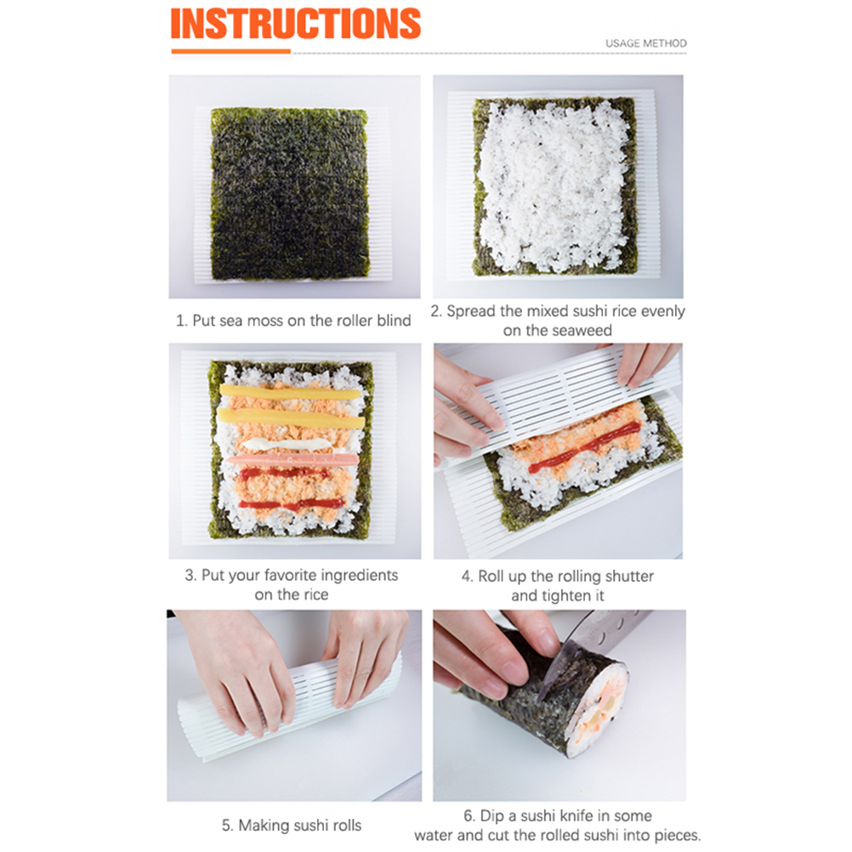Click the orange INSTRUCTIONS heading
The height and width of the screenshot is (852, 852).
click(296, 24)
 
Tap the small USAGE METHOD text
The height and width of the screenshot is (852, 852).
click(646, 43)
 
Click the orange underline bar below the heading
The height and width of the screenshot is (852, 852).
click(231, 52)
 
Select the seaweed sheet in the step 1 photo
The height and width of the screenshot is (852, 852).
click(290, 194)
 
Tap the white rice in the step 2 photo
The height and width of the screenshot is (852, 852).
click(554, 187)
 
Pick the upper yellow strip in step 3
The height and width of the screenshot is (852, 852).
click(290, 392)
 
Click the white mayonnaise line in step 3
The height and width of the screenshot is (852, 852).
click(287, 445)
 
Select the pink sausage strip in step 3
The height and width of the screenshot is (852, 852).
click(293, 460)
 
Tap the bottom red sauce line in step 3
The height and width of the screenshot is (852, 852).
click(292, 505)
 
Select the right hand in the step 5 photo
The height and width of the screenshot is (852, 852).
click(364, 656)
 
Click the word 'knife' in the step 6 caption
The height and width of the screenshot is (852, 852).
click(577, 815)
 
